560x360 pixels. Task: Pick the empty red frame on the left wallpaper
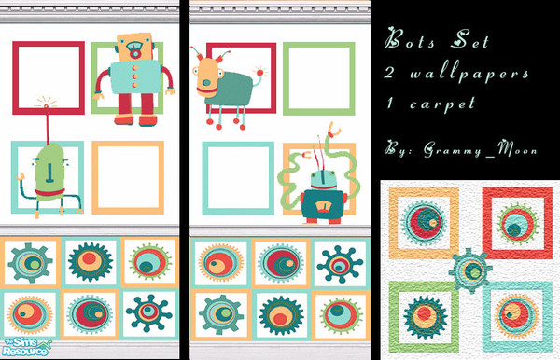pyautogui.click(x=47, y=77)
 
